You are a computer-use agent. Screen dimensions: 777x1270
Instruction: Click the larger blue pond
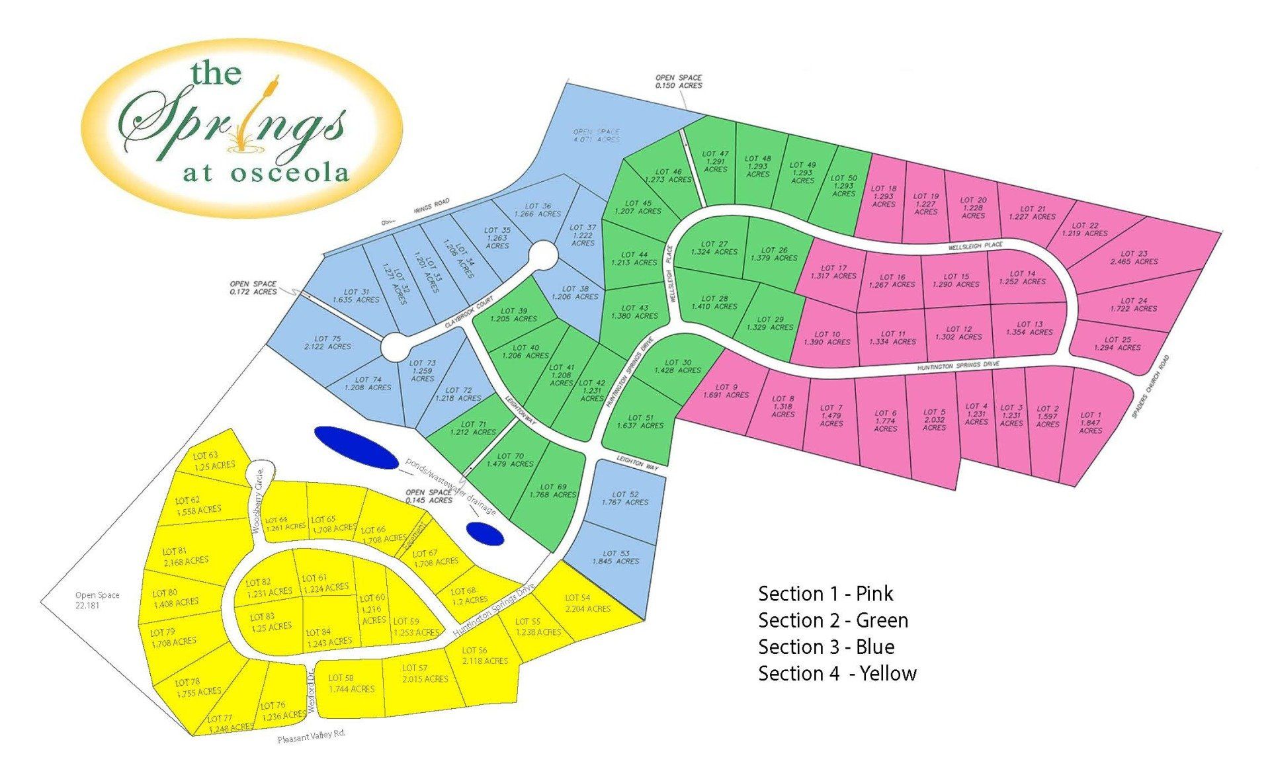click(356, 446)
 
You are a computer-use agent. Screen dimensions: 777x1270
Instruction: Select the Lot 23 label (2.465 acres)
click(1134, 257)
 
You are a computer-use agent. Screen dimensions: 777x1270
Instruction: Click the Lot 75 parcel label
click(327, 343)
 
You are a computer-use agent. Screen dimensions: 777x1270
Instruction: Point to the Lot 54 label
click(587, 603)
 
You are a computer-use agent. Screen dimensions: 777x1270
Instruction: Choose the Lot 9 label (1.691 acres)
click(726, 391)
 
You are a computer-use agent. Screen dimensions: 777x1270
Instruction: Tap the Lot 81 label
click(186, 555)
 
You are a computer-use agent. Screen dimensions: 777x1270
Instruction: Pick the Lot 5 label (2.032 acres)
click(934, 419)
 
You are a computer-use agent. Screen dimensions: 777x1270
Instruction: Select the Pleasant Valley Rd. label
click(312, 737)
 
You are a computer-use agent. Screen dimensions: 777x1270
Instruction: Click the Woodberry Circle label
click(258, 500)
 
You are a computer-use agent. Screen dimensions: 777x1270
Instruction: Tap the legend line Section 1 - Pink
click(825, 593)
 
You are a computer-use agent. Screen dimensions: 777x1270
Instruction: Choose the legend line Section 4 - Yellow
click(837, 673)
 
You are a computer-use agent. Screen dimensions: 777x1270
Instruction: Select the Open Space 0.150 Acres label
click(679, 81)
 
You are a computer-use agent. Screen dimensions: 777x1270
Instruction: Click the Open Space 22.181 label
click(97, 600)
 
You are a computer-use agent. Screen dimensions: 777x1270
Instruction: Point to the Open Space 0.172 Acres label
click(253, 288)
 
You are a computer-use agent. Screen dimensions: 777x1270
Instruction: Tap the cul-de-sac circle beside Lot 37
click(543, 255)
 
